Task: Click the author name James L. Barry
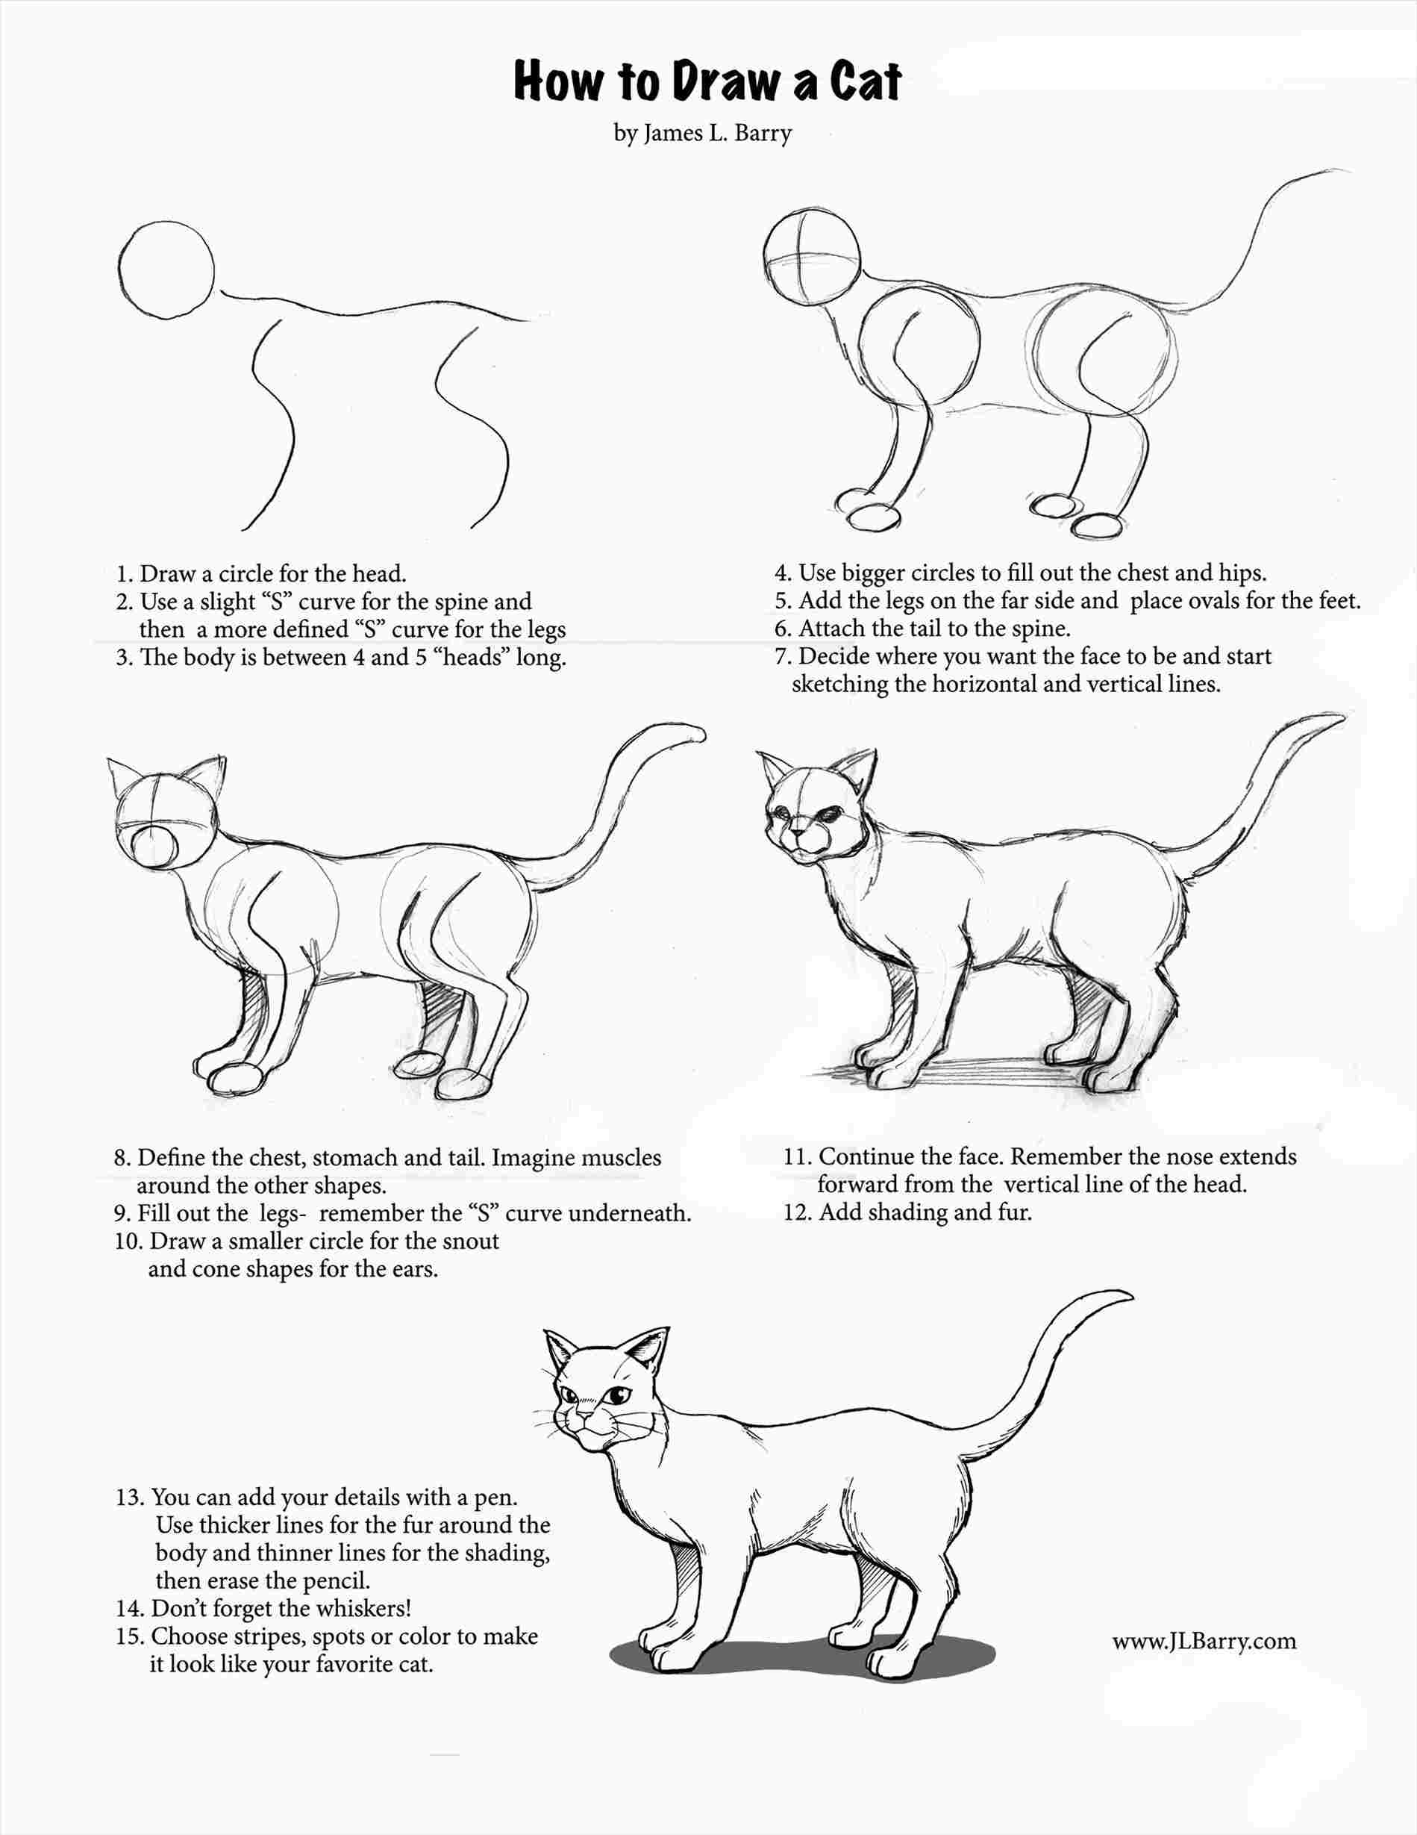coord(716,134)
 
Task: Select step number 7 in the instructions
coord(783,656)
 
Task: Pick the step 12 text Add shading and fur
coord(924,1212)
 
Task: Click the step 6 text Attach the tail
coord(934,629)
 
